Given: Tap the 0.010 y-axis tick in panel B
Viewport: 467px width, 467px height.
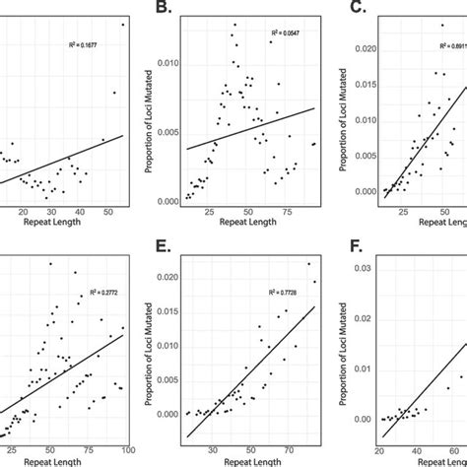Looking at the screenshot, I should [x=167, y=63].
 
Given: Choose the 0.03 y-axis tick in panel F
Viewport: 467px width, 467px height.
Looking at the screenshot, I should [x=363, y=269].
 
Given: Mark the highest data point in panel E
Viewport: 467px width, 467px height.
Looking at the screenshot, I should [x=307, y=263].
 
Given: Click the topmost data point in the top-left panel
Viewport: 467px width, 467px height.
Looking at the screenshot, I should [x=123, y=24].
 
